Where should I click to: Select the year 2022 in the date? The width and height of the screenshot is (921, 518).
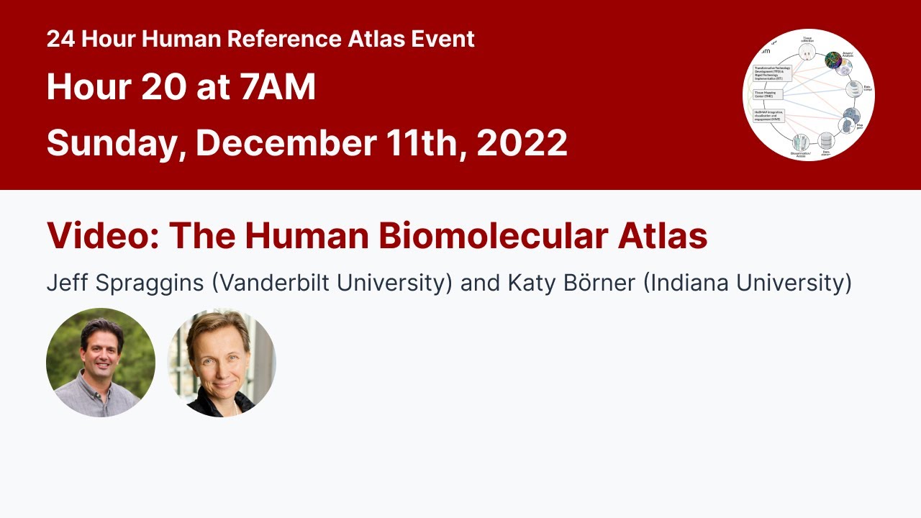tap(522, 142)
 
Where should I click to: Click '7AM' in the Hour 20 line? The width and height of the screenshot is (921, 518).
tap(278, 87)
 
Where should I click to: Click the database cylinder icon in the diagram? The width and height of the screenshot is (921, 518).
tap(825, 141)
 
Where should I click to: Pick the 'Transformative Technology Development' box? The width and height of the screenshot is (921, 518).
tap(772, 73)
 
